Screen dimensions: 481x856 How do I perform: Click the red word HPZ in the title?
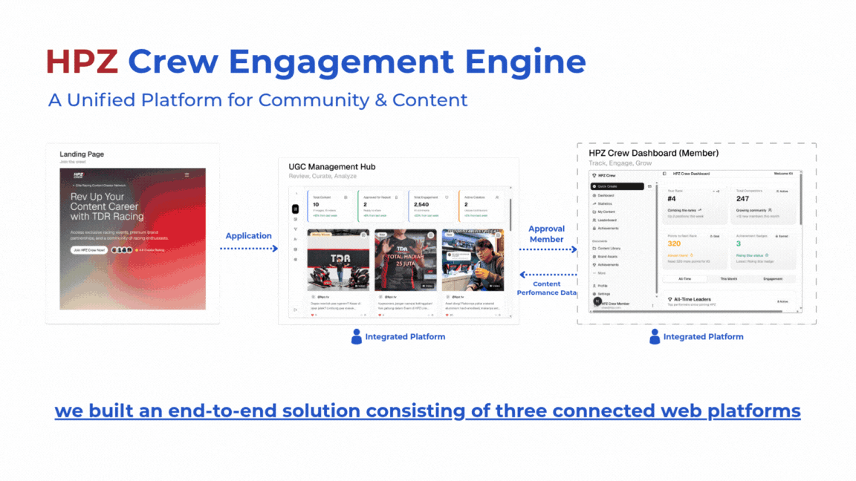(82, 62)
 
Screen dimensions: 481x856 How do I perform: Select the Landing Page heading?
(82, 154)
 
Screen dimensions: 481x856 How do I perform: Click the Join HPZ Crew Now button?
(89, 250)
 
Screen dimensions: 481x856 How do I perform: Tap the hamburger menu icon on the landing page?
(187, 175)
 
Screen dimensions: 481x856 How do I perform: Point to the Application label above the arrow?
(248, 236)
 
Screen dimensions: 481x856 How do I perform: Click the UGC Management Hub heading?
(331, 167)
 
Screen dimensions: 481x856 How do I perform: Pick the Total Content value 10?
(316, 204)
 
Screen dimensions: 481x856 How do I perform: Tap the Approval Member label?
(546, 234)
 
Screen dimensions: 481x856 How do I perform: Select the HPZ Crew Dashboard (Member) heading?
(653, 153)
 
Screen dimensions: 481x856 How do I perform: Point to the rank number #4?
(672, 199)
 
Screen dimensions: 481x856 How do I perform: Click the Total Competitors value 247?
(742, 199)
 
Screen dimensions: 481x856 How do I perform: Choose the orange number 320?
(674, 243)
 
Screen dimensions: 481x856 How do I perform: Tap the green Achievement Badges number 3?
(738, 243)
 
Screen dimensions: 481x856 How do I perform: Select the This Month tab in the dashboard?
(728, 278)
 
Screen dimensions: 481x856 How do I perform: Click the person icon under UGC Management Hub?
(357, 336)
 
